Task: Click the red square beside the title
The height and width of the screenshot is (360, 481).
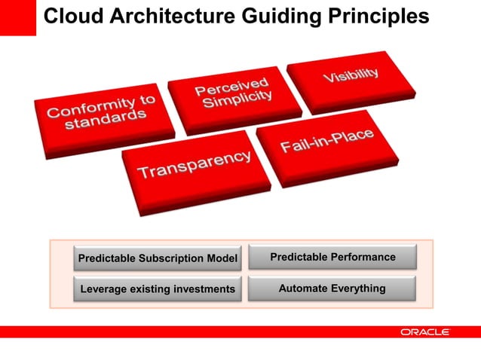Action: (17, 17)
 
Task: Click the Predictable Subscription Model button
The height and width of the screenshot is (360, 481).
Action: (158, 259)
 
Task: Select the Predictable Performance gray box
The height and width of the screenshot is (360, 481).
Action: (332, 258)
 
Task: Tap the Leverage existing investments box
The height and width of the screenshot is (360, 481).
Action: (158, 288)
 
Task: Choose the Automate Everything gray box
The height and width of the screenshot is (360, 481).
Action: (332, 288)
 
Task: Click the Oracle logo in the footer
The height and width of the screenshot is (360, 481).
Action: (425, 331)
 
